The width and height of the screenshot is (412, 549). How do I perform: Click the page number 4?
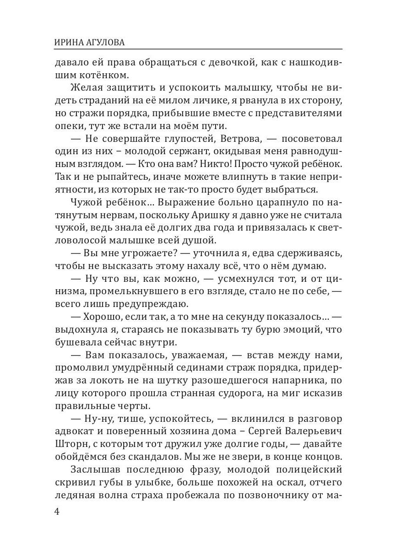57,511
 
